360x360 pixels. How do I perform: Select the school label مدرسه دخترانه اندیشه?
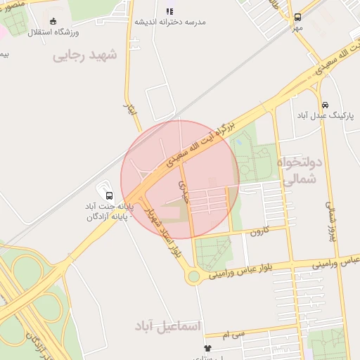tap(171, 22)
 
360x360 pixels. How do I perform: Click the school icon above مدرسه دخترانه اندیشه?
tap(169, 11)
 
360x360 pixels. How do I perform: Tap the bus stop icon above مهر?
tap(297, 17)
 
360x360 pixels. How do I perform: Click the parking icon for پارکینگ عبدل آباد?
tap(323, 103)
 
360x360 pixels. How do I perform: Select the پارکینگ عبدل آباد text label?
tap(323, 114)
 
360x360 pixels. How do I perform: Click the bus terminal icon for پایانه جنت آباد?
tap(108, 195)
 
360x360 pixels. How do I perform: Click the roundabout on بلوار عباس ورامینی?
tap(193, 276)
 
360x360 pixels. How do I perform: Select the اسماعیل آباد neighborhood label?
tap(168, 326)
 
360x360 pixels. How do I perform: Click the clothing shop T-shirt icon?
tap(207, 348)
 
